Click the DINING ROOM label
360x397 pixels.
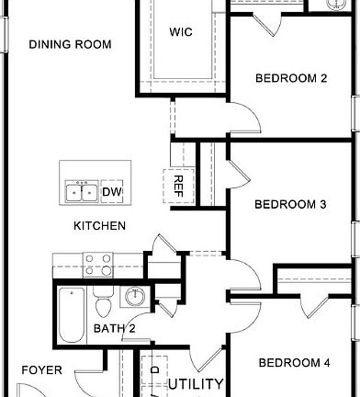pos(70,44)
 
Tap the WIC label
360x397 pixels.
pos(181,31)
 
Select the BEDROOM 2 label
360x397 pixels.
pos(291,78)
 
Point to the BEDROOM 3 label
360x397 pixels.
pos(291,204)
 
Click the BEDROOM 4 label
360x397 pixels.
pos(293,362)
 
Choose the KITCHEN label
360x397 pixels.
pos(100,226)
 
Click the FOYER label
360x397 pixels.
pos(42,370)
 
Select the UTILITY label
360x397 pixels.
pos(196,384)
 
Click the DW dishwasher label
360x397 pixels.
pos(112,191)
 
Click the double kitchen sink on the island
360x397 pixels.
pos(83,191)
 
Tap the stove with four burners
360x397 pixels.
pos(98,266)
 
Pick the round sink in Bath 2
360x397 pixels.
pos(135,296)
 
